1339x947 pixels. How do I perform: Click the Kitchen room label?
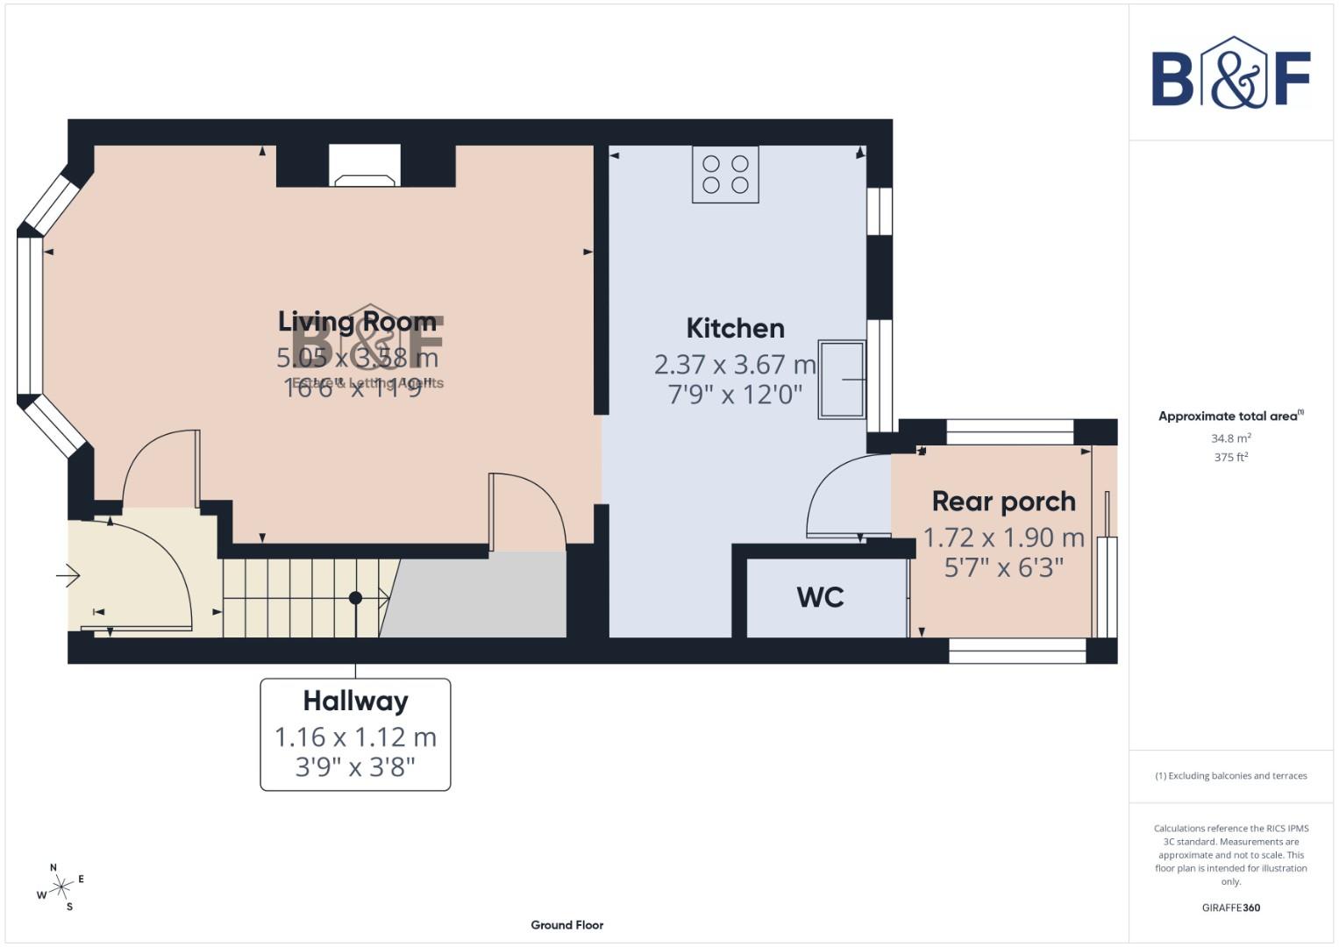(x=735, y=329)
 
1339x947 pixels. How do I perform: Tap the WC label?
(x=820, y=597)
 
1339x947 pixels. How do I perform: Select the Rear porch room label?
(x=1003, y=502)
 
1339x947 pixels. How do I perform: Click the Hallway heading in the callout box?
(x=355, y=701)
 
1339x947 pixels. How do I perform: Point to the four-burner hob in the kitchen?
(x=725, y=174)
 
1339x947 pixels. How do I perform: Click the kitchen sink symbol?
(x=842, y=379)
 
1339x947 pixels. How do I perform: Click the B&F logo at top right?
(x=1230, y=74)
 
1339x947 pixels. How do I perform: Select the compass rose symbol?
(x=61, y=887)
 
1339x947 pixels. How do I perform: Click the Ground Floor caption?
(x=566, y=925)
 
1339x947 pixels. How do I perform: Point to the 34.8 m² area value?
(x=1230, y=438)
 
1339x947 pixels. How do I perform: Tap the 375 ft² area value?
(x=1230, y=457)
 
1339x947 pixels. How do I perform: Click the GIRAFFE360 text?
(x=1230, y=908)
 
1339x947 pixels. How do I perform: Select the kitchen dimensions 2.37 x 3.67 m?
(x=735, y=364)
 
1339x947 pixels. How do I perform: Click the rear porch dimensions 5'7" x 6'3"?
(x=1003, y=567)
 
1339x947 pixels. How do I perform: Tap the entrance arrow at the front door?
(x=68, y=576)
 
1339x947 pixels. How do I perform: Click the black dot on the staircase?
(x=355, y=598)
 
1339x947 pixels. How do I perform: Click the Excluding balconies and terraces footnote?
(x=1230, y=776)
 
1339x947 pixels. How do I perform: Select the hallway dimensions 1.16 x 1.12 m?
(x=355, y=737)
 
